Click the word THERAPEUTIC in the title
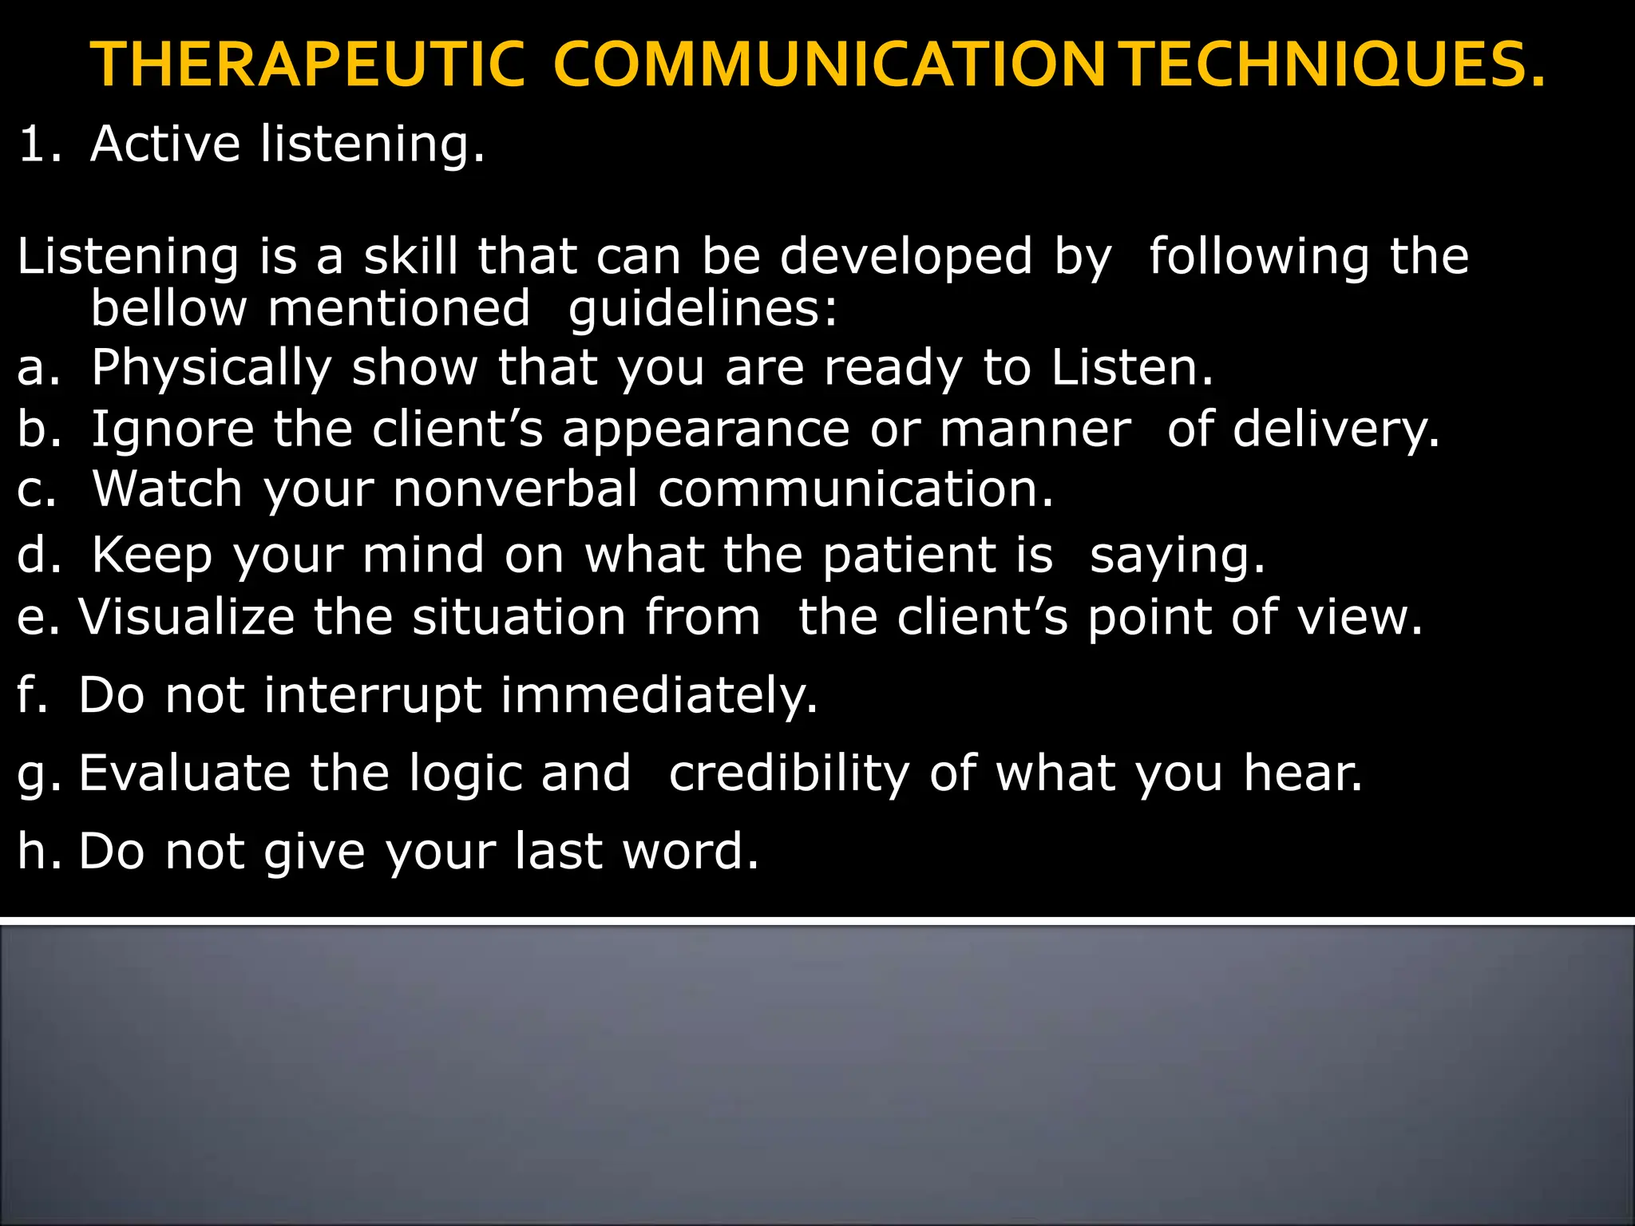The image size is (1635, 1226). (307, 65)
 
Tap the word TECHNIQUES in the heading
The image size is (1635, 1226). (1335, 65)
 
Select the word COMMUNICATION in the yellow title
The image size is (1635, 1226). (829, 65)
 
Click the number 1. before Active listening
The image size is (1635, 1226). (38, 144)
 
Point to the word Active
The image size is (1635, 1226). (165, 144)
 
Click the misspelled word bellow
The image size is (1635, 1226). (168, 308)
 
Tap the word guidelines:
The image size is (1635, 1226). (703, 310)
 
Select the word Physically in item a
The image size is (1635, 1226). (211, 369)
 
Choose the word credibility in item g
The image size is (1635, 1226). (789, 774)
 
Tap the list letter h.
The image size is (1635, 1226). (36, 851)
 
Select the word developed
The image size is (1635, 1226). (906, 258)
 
